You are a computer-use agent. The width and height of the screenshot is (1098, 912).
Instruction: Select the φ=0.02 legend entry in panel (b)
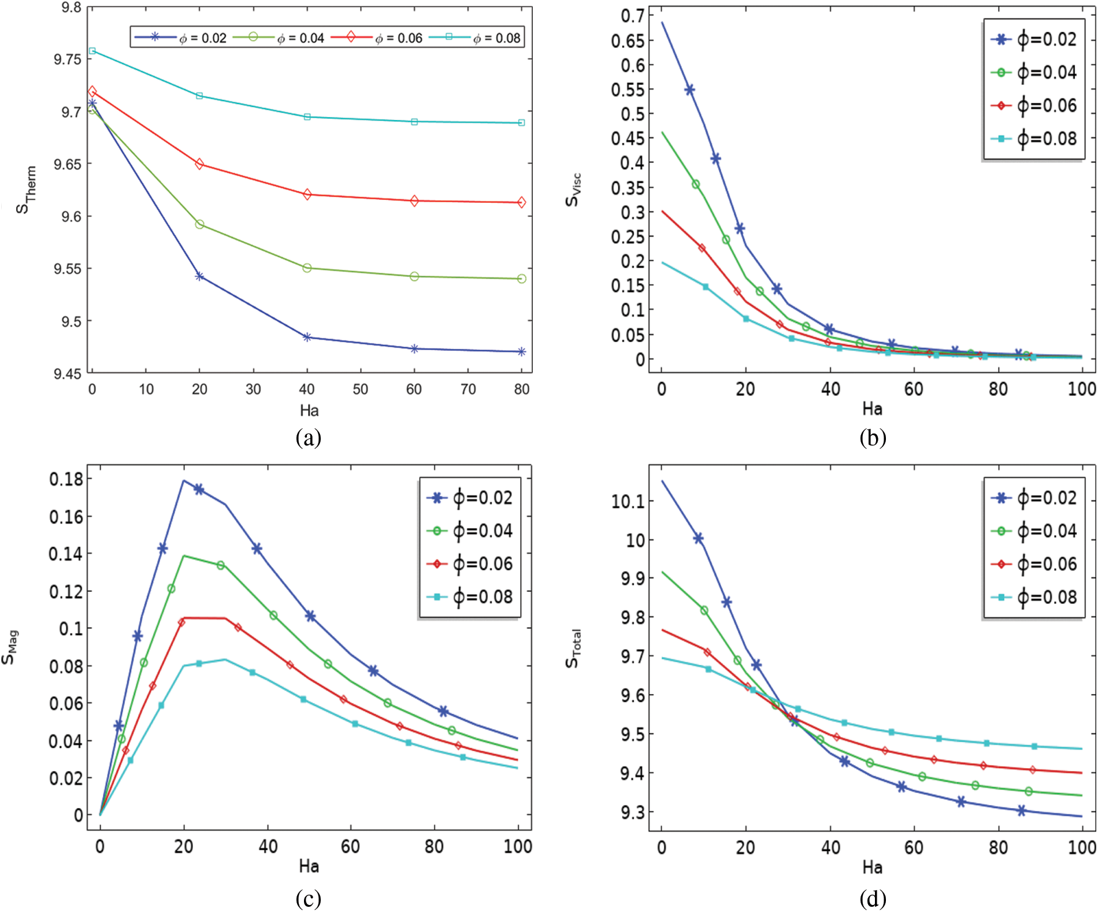[1034, 40]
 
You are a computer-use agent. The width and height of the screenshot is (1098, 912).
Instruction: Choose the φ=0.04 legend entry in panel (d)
[1034, 531]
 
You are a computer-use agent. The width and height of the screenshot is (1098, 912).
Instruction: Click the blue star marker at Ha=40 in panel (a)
[307, 337]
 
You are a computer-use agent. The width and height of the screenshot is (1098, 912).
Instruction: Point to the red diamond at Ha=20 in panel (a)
[199, 164]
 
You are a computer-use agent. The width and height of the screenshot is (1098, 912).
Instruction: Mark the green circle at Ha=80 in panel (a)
[521, 279]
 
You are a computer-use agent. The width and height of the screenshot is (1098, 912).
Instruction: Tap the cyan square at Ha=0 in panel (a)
[92, 51]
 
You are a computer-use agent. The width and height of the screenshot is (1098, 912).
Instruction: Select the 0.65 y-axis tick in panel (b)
[627, 41]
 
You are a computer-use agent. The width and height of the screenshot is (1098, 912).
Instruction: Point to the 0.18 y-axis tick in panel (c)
[66, 479]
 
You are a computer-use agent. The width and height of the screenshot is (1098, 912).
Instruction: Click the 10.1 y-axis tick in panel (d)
[628, 501]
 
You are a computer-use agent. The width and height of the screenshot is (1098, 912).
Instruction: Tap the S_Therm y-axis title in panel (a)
[26, 190]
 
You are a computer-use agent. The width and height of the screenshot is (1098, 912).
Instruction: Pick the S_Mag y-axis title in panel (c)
[10, 647]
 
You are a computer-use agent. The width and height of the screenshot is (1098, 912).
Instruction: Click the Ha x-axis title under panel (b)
[872, 409]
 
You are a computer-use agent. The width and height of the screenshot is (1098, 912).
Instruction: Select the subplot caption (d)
[872, 899]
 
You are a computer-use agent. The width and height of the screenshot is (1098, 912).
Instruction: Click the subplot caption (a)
[308, 438]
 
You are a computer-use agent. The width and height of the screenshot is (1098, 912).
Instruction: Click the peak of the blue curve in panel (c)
[184, 480]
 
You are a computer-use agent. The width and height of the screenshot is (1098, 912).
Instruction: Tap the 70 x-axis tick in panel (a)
[468, 390]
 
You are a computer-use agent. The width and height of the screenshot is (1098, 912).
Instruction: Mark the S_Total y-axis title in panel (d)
[573, 648]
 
